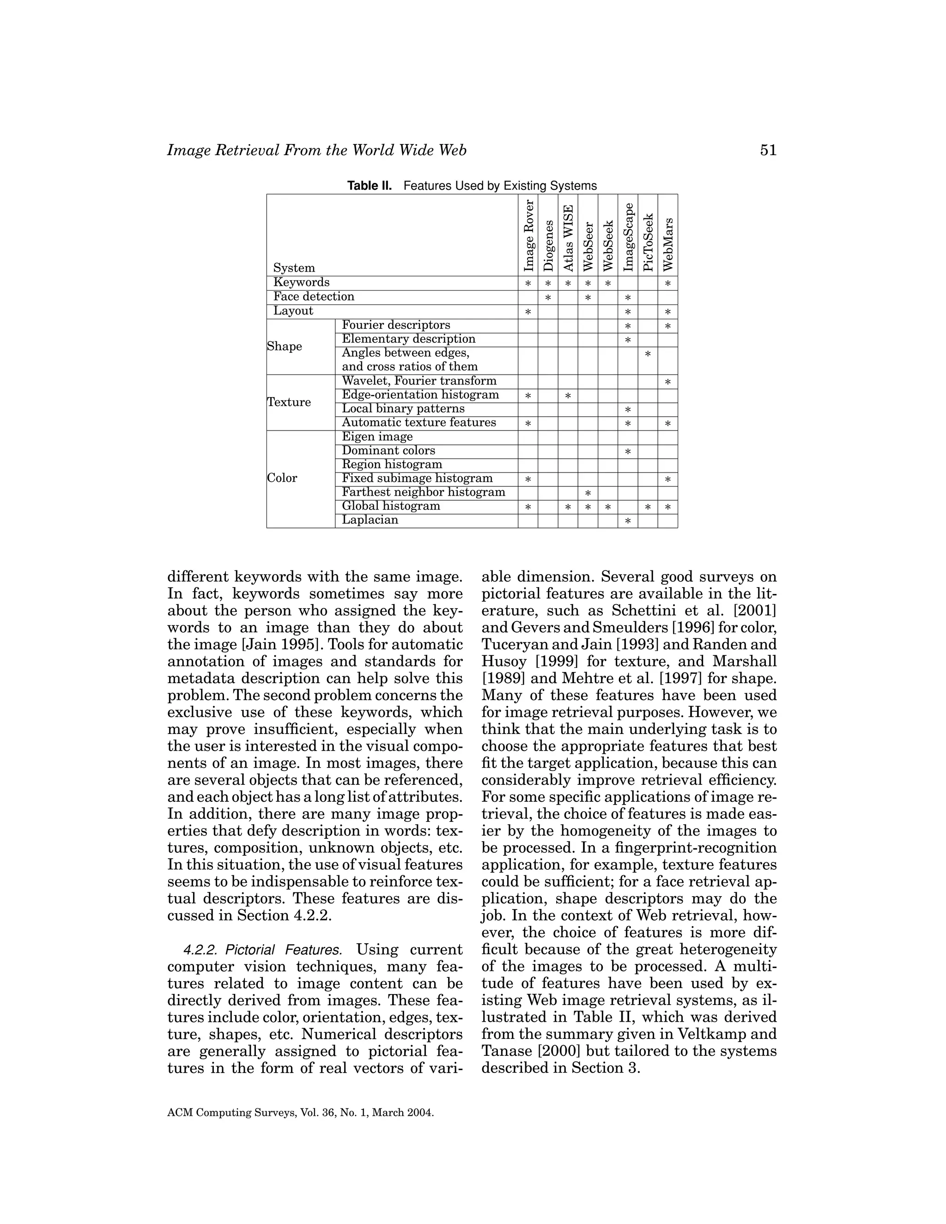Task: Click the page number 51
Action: (x=768, y=150)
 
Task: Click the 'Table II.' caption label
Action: (x=370, y=186)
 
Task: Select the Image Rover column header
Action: (x=528, y=236)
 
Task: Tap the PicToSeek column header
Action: (x=648, y=242)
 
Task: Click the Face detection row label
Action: (x=314, y=297)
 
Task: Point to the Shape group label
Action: (x=285, y=346)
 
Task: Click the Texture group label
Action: (x=289, y=402)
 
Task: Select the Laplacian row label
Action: (x=370, y=520)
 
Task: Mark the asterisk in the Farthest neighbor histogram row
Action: (x=588, y=493)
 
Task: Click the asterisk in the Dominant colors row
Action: (x=628, y=452)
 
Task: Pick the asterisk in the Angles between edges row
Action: (x=648, y=354)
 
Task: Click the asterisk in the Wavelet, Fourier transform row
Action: (x=667, y=382)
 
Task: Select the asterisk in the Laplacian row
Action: (x=628, y=521)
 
